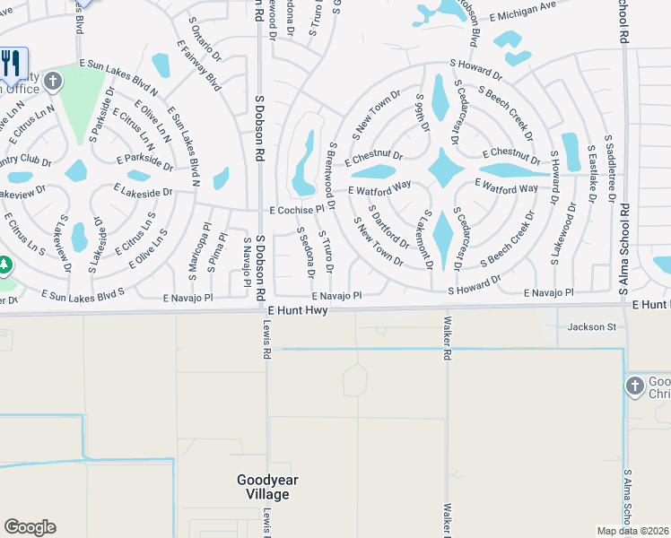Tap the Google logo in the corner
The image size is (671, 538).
(30, 527)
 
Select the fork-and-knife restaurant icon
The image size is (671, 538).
(12, 63)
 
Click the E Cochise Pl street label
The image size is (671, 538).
(295, 210)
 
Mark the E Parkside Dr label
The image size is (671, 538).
(144, 160)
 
